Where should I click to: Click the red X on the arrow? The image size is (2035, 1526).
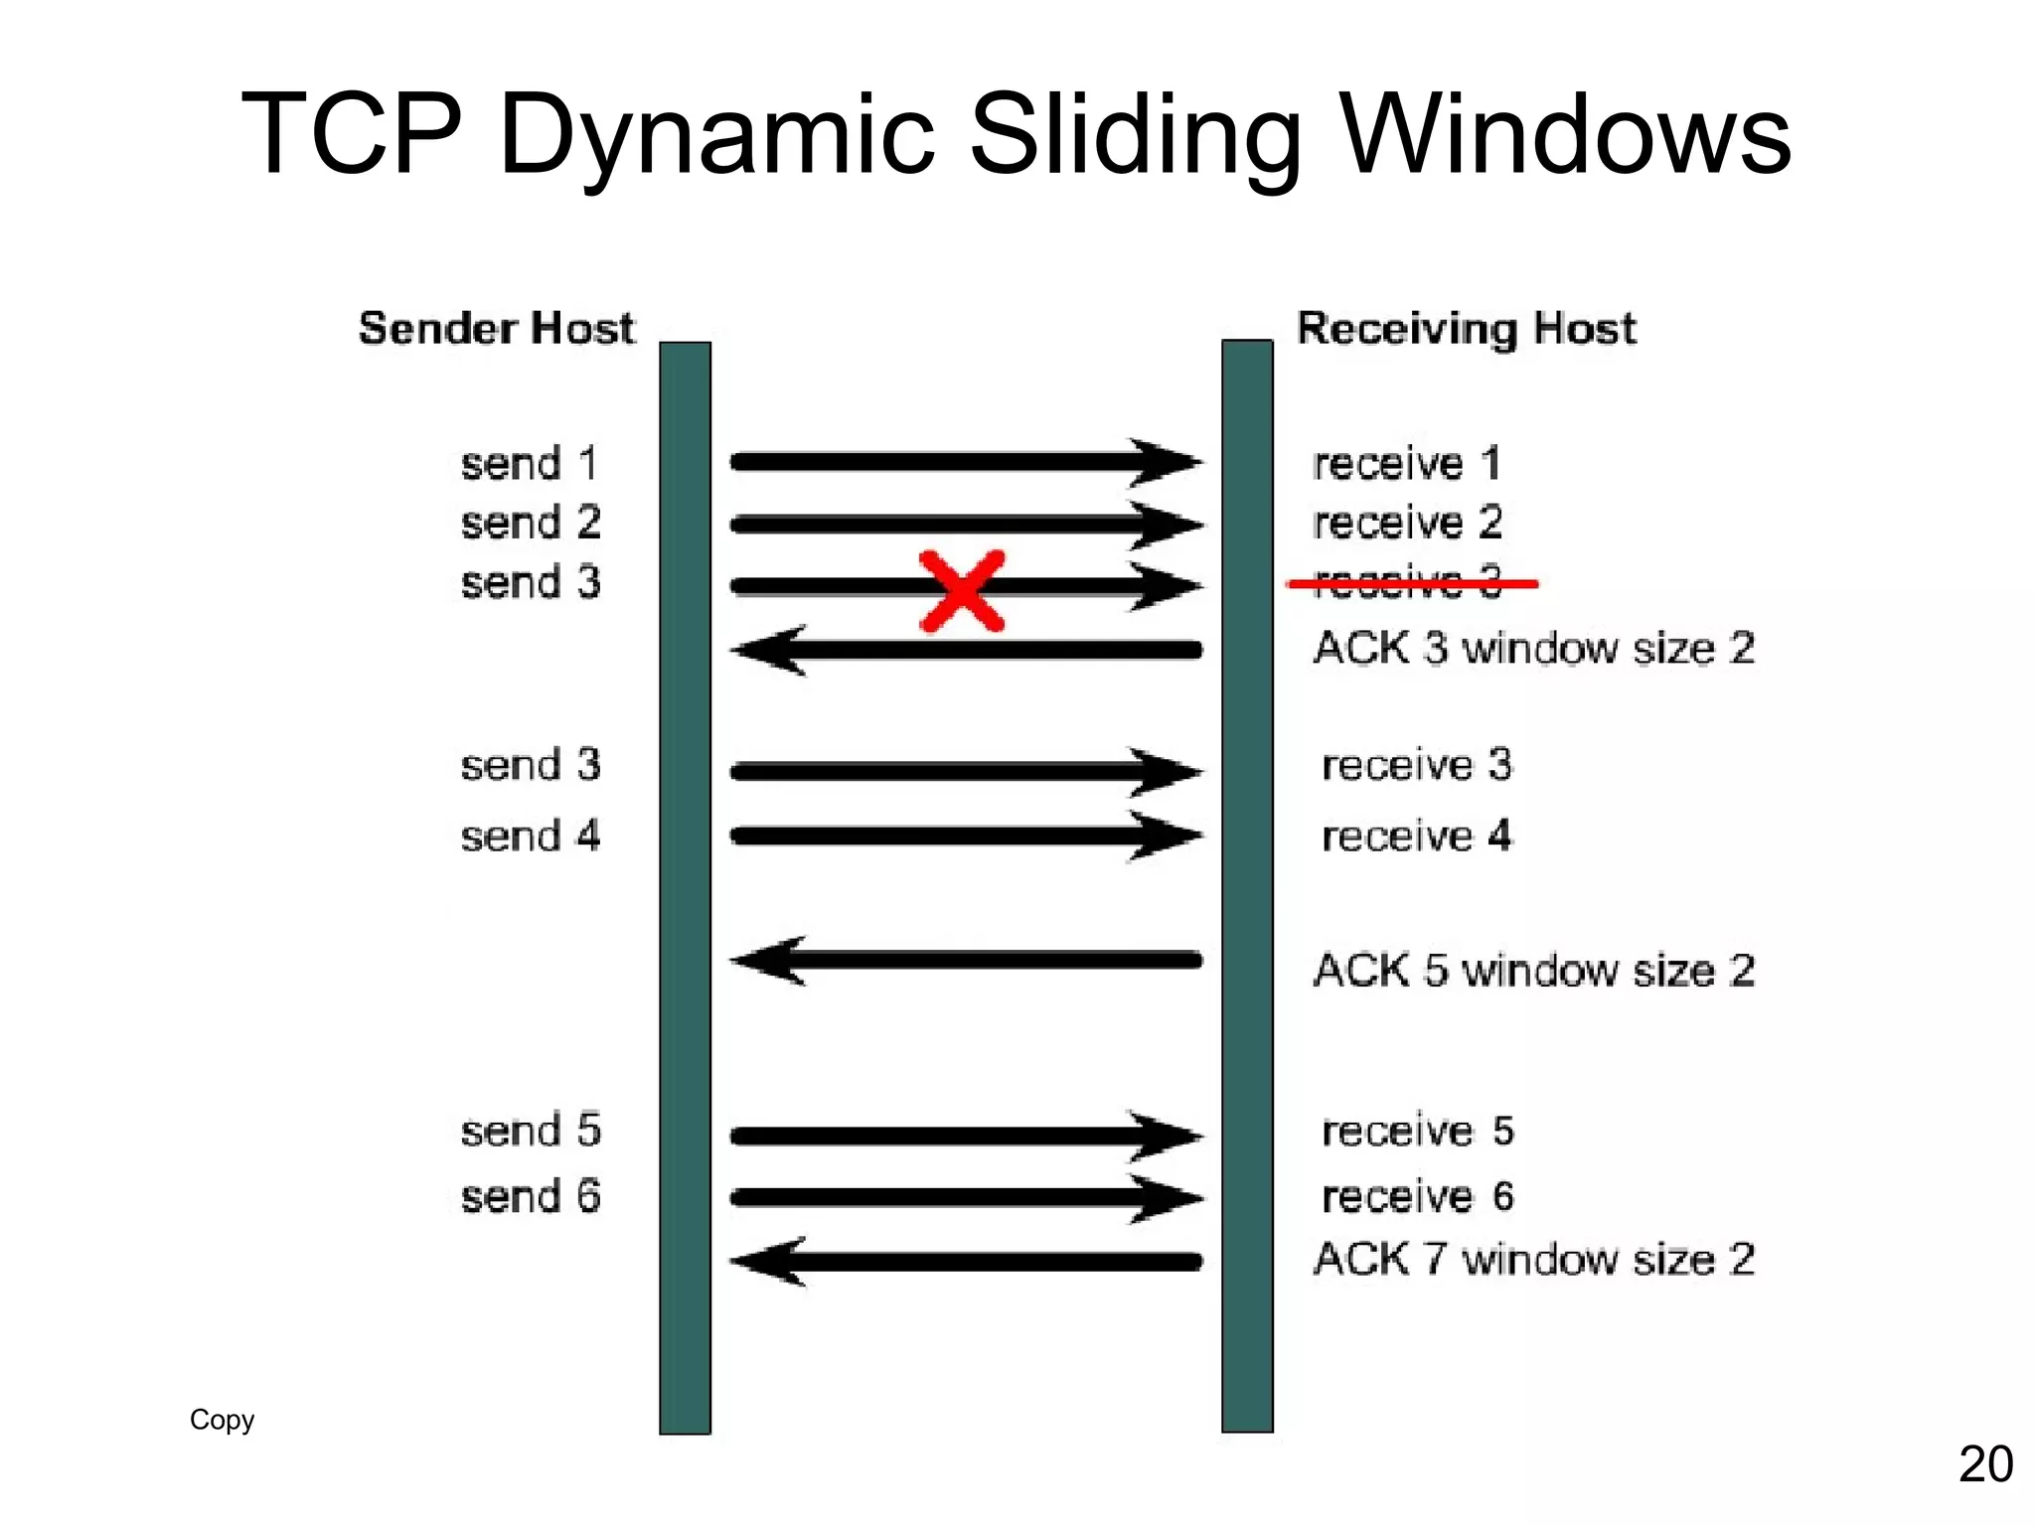[x=961, y=592]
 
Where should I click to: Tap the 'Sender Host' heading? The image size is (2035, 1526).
[x=496, y=328]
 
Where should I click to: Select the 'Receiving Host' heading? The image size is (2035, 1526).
[x=1466, y=328]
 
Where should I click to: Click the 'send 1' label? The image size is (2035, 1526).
[x=529, y=464]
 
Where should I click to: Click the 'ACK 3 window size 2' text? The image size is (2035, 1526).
[x=1533, y=649]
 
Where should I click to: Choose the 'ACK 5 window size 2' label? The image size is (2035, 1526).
[x=1533, y=971]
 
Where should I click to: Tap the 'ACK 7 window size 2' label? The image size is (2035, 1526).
[x=1533, y=1260]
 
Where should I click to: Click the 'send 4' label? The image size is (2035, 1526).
[x=530, y=837]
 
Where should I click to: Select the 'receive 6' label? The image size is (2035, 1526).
[x=1417, y=1197]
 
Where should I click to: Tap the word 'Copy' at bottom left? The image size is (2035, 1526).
[x=222, y=1420]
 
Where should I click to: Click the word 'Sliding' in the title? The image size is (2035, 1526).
[x=1134, y=134]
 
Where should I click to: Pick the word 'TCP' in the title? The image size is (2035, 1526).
[x=352, y=134]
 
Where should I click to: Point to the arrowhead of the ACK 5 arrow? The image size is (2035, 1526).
[x=769, y=961]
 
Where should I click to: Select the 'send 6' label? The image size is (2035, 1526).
[x=530, y=1197]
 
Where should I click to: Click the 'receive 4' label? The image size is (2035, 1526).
[x=1416, y=837]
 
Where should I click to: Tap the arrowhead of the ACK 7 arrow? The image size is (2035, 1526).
[x=769, y=1262]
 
